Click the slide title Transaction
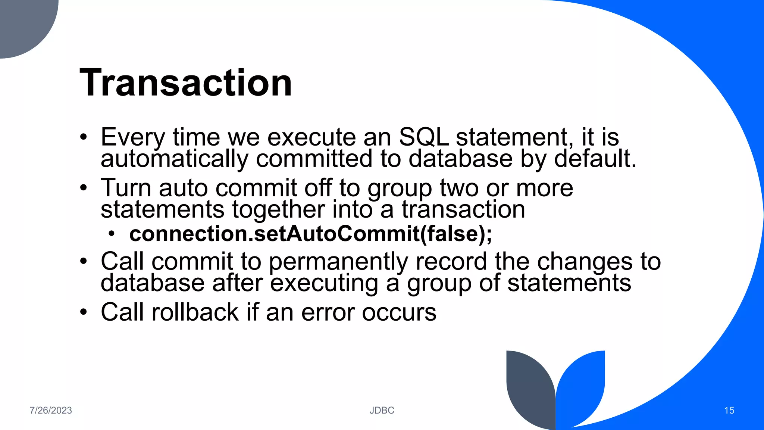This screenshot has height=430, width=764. pos(186,83)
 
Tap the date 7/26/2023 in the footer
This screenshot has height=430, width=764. pos(51,410)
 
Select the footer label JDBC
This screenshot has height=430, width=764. pos(382,410)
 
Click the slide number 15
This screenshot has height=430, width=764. pos(729,410)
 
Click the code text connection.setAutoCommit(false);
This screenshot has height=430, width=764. pos(310,234)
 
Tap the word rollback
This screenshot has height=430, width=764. pos(195,312)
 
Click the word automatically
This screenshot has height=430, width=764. pos(174,159)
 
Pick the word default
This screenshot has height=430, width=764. pos(595,159)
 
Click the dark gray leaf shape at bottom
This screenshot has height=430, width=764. pos(530,388)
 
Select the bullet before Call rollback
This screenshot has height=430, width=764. pos(84,312)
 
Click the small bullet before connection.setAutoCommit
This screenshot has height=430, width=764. pos(112,234)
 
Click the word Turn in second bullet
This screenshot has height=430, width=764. pos(126,188)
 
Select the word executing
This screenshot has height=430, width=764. pos(324,283)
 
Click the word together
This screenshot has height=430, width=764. pos(278,210)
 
